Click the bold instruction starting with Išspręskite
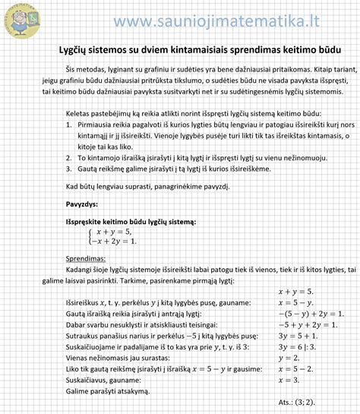coord(131,221)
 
